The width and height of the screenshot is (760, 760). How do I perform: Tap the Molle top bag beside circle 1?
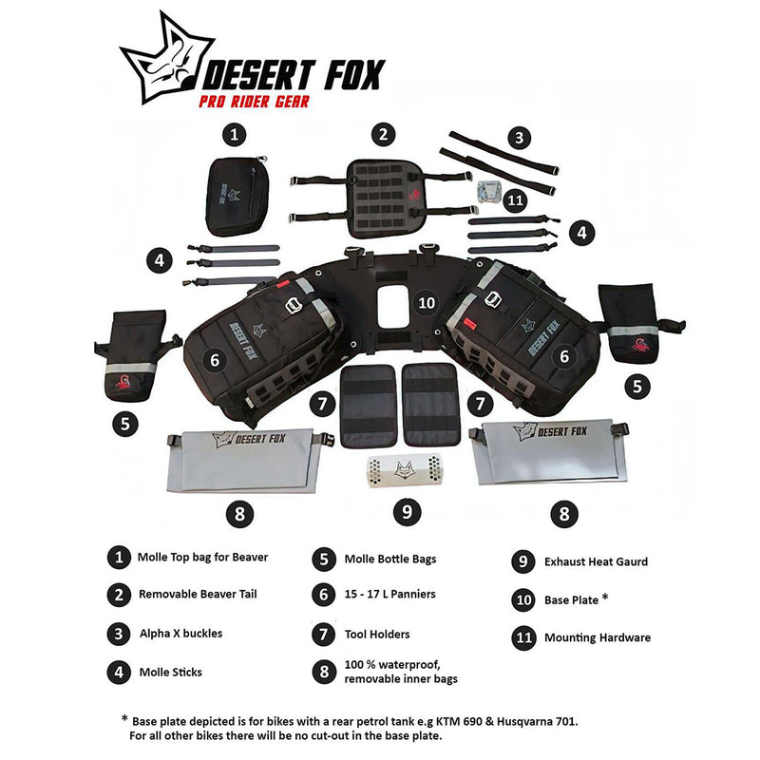[234, 196]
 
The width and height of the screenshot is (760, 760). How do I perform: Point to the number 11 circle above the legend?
[515, 200]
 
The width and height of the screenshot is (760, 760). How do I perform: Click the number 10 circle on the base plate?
[427, 302]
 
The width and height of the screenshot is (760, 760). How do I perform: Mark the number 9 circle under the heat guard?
[407, 511]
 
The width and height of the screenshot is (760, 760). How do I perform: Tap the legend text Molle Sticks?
[170, 672]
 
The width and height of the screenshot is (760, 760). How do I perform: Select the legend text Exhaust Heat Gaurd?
[596, 561]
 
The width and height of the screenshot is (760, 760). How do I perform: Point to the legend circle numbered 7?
[324, 633]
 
